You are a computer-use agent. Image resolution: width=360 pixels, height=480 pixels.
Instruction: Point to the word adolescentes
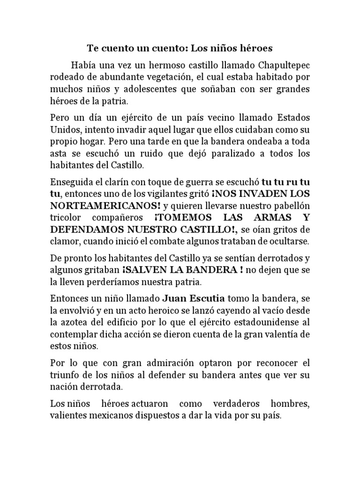click(149, 89)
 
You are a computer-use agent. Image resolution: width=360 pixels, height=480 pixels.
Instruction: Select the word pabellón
click(286, 206)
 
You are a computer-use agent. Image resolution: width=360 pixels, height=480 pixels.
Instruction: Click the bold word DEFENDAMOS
click(86, 230)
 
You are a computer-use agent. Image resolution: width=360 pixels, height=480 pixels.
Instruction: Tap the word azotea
click(76, 323)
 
